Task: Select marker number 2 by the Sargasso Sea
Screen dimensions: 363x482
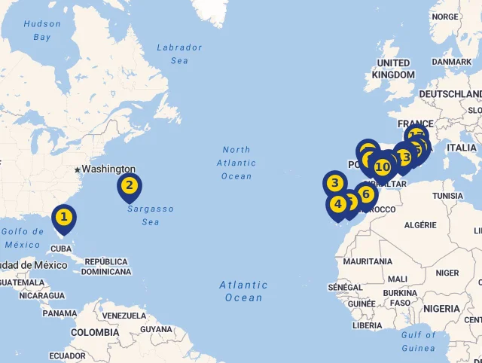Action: (130, 186)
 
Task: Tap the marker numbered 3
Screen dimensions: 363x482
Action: (335, 183)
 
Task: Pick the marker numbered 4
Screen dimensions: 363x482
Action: (337, 203)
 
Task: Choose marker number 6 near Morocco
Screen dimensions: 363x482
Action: (366, 195)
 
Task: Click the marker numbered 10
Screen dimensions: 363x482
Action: (383, 166)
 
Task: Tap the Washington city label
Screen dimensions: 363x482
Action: (108, 169)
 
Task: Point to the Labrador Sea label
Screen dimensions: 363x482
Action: (179, 53)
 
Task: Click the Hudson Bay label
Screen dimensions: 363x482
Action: (42, 30)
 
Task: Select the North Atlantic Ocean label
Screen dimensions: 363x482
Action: (236, 163)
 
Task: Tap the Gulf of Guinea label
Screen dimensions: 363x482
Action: (419, 341)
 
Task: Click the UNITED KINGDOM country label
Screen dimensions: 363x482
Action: (393, 69)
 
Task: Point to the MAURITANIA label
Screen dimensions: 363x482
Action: (368, 261)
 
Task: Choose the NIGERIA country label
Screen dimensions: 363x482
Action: (441, 309)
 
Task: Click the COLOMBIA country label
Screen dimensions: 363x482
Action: (95, 332)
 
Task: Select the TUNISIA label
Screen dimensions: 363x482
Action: (448, 196)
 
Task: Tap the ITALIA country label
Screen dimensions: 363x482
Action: (462, 148)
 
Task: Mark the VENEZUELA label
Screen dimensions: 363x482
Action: (123, 316)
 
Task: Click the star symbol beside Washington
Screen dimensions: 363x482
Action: (77, 169)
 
